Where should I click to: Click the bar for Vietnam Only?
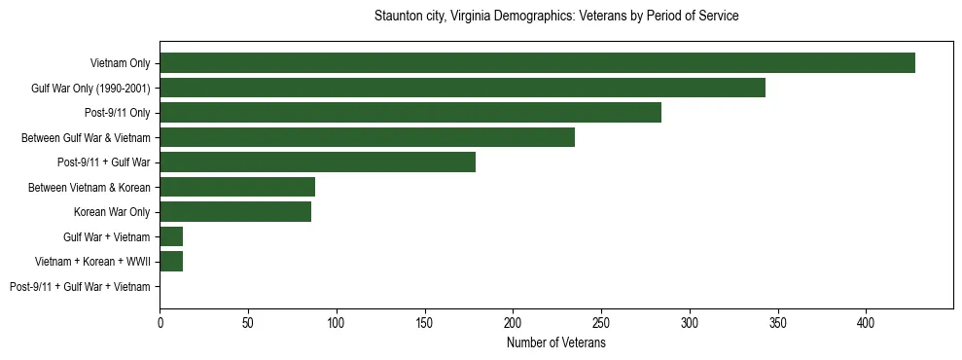point(537,63)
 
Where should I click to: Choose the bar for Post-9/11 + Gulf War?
point(317,162)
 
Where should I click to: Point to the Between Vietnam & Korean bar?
point(237,187)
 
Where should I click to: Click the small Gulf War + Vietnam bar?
point(171,236)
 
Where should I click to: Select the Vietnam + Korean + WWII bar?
point(171,262)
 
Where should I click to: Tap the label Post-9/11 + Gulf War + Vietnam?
point(80,287)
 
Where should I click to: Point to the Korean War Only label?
point(112,212)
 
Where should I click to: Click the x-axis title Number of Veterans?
point(555,343)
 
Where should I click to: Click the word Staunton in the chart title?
point(397,17)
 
